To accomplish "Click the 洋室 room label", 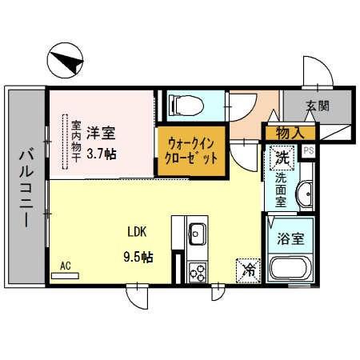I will pyautogui.click(x=100, y=132).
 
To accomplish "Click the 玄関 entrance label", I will pyautogui.click(x=317, y=106).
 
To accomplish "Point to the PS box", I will pyautogui.click(x=309, y=150).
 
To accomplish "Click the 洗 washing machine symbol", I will pyautogui.click(x=282, y=159).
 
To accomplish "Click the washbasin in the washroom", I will pyautogui.click(x=305, y=194).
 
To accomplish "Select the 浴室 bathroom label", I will pyautogui.click(x=290, y=239).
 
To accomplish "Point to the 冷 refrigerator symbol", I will pyautogui.click(x=248, y=270).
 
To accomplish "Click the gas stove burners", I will pyautogui.click(x=197, y=271).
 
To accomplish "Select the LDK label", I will pyautogui.click(x=137, y=232).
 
